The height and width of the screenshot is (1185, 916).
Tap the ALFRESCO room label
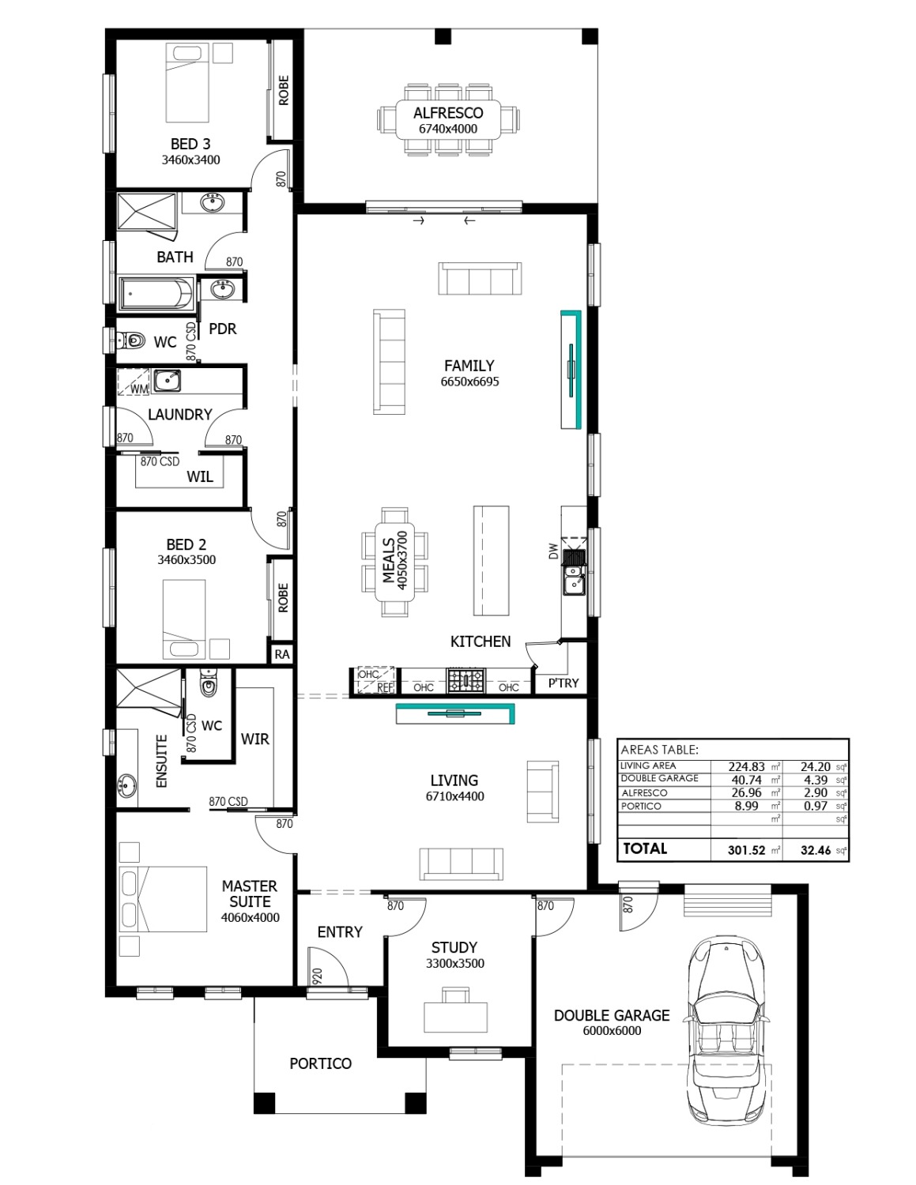point(448,113)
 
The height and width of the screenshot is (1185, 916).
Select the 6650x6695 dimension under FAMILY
point(469,382)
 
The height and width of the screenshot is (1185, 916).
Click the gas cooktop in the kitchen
point(466,680)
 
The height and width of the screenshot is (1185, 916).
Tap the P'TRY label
point(564,683)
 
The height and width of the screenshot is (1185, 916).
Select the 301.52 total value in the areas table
point(746,849)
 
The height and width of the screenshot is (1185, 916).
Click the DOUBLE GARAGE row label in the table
point(659,778)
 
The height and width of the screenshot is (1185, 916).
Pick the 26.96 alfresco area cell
point(746,792)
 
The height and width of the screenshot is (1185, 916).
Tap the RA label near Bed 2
point(282,654)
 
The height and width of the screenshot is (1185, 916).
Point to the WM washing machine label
point(140,389)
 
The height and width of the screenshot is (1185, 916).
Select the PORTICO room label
point(320,1063)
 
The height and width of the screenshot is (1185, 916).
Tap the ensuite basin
point(127,786)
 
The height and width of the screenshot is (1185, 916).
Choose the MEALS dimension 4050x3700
point(402,561)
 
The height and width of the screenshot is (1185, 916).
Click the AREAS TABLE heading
point(659,750)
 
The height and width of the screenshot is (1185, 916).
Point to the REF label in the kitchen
point(385,687)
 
